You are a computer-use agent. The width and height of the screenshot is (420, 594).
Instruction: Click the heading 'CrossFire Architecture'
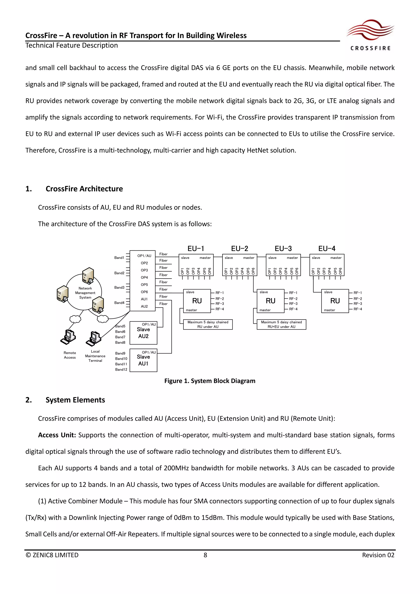84,189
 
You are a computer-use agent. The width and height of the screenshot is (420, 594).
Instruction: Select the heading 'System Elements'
75,400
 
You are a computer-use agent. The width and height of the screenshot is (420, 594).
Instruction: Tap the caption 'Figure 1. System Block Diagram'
210,381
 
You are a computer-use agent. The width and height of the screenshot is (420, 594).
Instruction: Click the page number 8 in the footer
205,555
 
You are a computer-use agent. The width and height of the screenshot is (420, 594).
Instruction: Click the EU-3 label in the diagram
283,249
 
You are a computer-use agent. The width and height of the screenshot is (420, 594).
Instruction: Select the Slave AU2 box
143,333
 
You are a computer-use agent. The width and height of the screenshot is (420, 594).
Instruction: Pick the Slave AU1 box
143,360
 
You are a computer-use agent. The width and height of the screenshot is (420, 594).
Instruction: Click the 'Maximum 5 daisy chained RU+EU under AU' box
281,324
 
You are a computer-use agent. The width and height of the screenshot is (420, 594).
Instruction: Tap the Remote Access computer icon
68,337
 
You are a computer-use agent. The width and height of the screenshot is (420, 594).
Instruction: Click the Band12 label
121,369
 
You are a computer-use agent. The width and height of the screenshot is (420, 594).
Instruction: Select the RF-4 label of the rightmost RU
358,309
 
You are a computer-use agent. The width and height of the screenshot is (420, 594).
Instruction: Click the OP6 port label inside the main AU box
144,292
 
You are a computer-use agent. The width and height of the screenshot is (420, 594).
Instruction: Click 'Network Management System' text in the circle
85,293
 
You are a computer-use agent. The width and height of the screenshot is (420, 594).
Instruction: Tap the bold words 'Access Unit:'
57,435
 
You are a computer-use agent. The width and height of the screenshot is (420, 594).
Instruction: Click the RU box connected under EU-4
335,301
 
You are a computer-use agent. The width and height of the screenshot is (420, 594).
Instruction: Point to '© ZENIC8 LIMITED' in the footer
52,555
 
